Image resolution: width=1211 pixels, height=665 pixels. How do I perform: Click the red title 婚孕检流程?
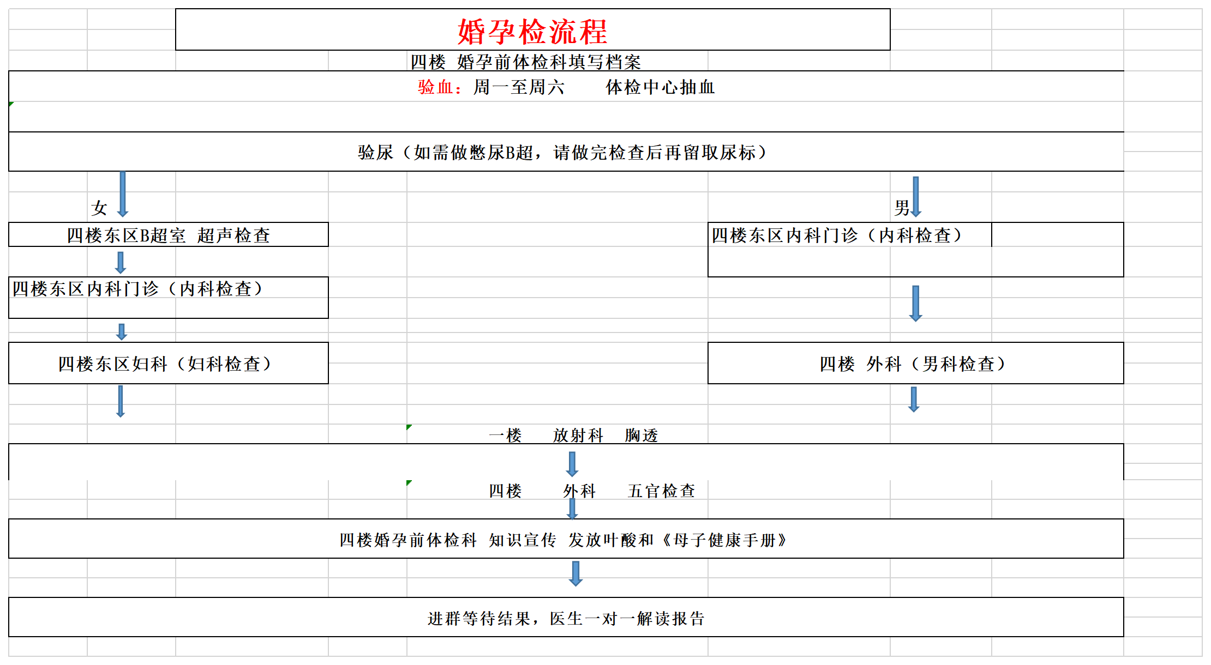coord(532,32)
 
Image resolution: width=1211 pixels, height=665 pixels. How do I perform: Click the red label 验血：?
coord(440,87)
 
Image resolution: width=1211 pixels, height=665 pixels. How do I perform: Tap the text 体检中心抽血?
coord(660,87)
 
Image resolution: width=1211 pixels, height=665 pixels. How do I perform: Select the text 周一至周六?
coord(519,87)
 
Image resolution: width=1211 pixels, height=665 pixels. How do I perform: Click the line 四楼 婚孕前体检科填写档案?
coord(525,62)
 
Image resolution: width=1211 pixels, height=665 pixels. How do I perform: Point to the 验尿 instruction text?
coord(562,153)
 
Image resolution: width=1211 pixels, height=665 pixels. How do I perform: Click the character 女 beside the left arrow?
coord(99,208)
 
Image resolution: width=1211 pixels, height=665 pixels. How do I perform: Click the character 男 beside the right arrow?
coord(902,208)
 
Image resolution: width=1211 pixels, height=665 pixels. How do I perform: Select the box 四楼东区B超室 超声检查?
coord(169,234)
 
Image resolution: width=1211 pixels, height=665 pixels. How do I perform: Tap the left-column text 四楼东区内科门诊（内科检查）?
coord(137,289)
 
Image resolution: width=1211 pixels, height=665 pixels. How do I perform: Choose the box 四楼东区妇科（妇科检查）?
coord(169,363)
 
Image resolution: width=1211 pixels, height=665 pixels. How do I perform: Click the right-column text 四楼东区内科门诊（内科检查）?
coord(836,235)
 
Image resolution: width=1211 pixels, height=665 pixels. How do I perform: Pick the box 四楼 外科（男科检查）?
coord(916,363)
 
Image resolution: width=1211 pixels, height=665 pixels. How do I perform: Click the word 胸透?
coord(642,436)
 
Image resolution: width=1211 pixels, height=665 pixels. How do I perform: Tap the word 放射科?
coord(578,436)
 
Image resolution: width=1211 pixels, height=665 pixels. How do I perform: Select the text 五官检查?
coord(662,491)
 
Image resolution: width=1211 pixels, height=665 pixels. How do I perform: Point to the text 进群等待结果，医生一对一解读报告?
coord(566,619)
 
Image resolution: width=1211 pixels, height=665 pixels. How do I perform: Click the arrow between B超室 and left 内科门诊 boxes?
coord(121,262)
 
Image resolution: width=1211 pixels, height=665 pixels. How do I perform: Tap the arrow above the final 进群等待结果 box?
coord(575,574)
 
